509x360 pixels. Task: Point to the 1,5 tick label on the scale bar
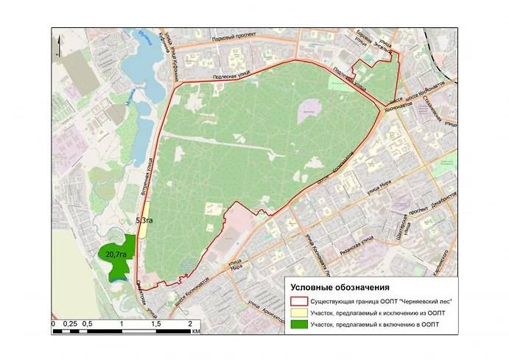pos(155,323)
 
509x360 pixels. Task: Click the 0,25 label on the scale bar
pos(71,323)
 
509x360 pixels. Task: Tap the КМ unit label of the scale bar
pos(195,331)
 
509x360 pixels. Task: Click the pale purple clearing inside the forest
pos(308,111)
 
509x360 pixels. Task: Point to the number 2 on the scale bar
pos(189,323)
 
